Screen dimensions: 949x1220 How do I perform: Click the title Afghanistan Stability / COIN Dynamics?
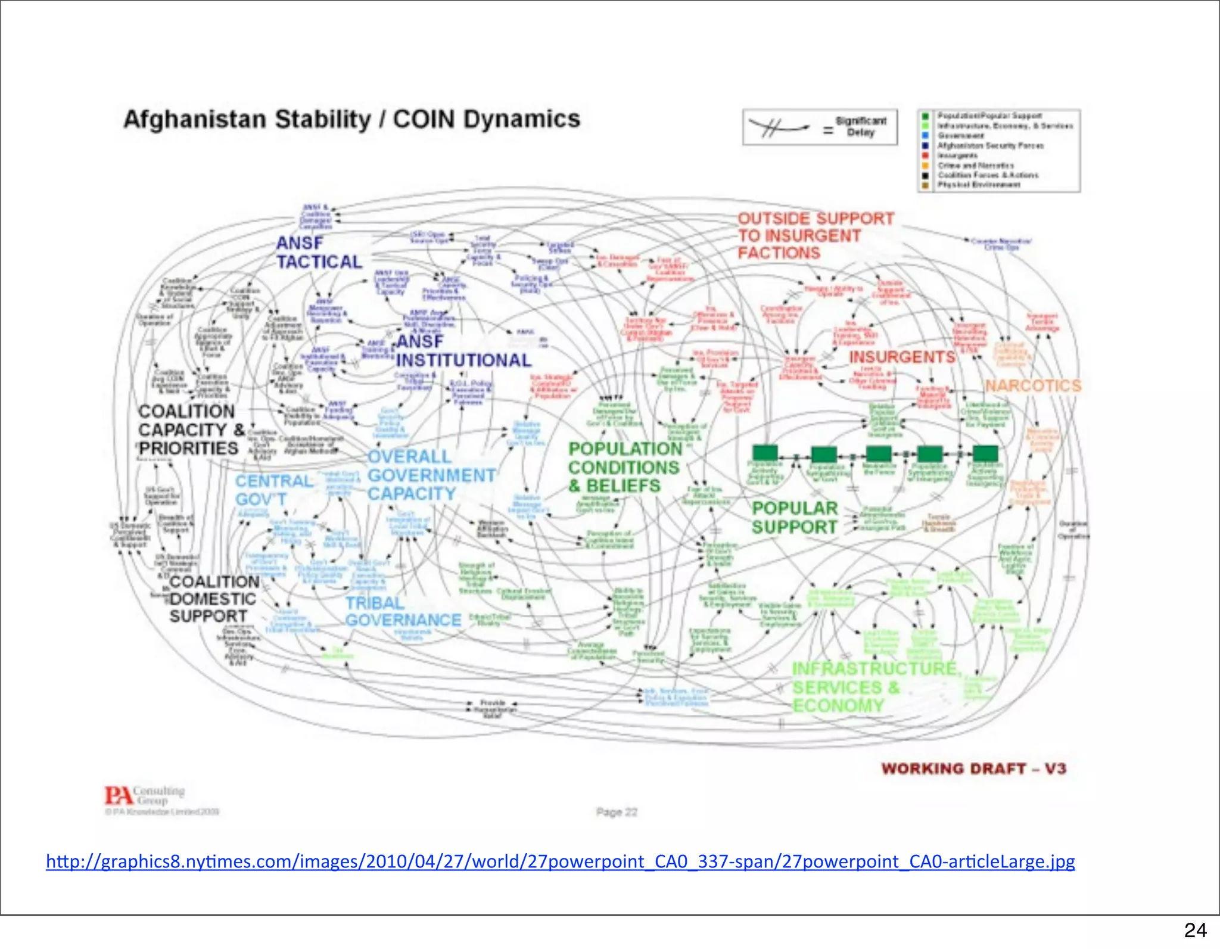[351, 119]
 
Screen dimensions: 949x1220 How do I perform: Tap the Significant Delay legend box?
[820, 127]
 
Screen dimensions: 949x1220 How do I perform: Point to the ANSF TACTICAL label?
[319, 253]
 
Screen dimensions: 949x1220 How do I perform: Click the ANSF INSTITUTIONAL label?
[463, 351]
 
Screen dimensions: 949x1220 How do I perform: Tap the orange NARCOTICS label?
[1033, 386]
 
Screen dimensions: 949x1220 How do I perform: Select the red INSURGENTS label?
[901, 357]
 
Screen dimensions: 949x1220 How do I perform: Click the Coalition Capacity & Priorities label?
[191, 430]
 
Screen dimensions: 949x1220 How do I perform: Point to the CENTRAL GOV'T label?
[273, 490]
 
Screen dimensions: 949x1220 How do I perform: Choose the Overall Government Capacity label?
[431, 475]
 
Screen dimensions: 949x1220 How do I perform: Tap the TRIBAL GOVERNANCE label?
[403, 612]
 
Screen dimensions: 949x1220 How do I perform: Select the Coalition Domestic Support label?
[213, 599]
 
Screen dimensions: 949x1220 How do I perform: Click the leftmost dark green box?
[765, 452]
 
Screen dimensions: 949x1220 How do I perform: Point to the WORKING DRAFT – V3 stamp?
[973, 768]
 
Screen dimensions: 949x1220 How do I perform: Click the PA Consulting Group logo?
[145, 796]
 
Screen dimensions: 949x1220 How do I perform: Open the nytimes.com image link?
[560, 861]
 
